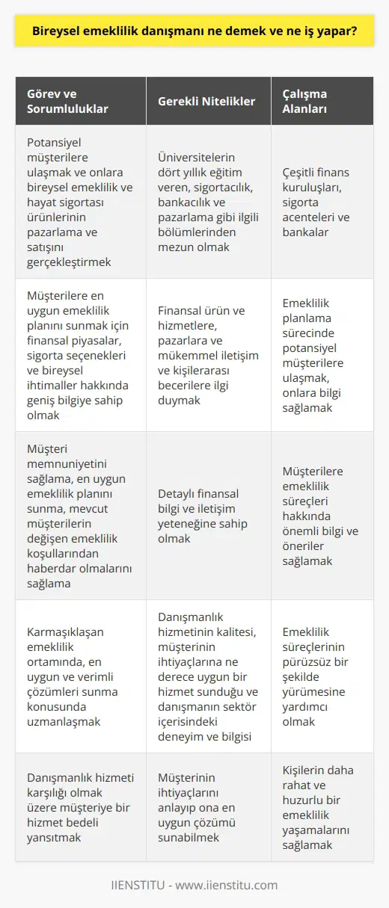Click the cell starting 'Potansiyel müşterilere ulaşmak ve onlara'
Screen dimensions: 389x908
click(x=78, y=202)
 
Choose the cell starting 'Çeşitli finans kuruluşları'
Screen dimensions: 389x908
click(x=322, y=202)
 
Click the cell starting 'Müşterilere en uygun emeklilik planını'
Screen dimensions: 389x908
click(x=78, y=354)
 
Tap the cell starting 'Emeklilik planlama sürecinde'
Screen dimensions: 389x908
click(x=322, y=354)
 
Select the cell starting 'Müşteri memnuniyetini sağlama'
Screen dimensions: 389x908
click(x=78, y=515)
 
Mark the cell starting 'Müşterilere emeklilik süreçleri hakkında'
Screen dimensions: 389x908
click(x=322, y=515)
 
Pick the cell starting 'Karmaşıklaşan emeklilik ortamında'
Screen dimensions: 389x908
click(x=78, y=676)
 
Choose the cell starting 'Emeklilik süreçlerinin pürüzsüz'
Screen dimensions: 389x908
click(x=322, y=676)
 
